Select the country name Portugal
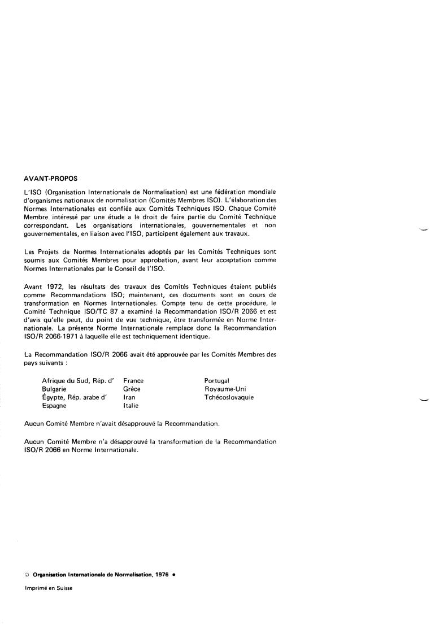tap(216, 381)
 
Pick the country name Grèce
tap(132, 389)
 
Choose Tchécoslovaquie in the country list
tap(229, 397)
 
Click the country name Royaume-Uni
tap(225, 389)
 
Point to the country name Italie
tap(131, 406)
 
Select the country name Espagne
tap(54, 406)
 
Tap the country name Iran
tap(129, 397)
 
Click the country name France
tap(133, 381)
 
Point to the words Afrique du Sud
tap(63, 381)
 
